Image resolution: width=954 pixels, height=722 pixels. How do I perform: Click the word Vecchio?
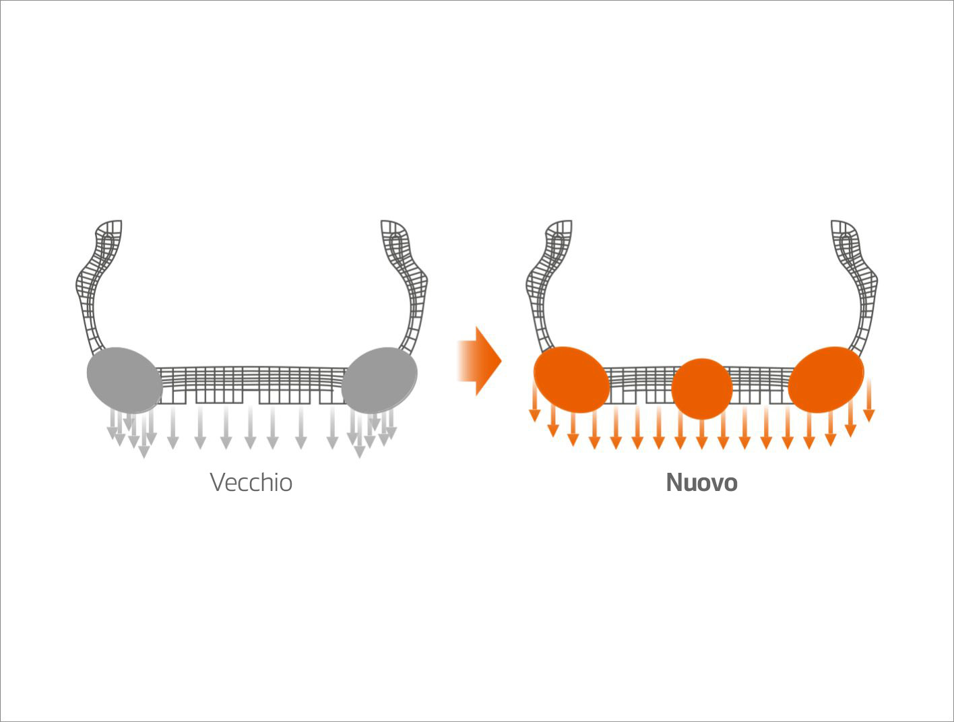coord(251,482)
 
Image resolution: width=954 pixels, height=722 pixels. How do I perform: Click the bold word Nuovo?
coord(701,482)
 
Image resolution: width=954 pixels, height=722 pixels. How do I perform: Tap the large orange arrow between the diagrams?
coord(480,361)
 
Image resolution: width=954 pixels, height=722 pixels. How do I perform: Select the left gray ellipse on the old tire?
coord(125,380)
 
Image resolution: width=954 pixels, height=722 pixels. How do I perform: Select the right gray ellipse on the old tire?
coord(379,380)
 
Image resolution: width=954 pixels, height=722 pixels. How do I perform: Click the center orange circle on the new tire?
coord(702,389)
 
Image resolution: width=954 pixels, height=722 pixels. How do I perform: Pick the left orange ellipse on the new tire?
coord(571,379)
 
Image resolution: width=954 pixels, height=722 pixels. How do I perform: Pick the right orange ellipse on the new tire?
coord(826,379)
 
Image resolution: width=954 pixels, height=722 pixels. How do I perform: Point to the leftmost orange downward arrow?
coord(534,399)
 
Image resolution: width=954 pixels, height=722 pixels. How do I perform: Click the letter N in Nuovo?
coord(674,482)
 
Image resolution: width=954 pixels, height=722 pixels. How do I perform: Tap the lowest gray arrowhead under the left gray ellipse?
coord(144,452)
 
